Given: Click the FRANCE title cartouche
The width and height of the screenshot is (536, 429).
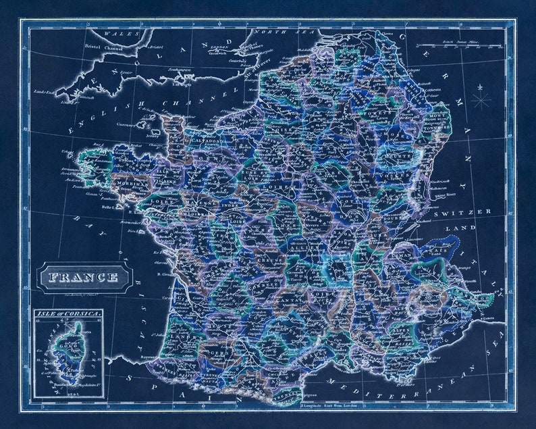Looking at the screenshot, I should point(83,277).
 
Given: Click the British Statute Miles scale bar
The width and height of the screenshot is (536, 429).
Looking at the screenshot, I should point(473,45).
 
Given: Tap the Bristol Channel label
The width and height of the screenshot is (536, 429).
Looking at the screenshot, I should point(101,47).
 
